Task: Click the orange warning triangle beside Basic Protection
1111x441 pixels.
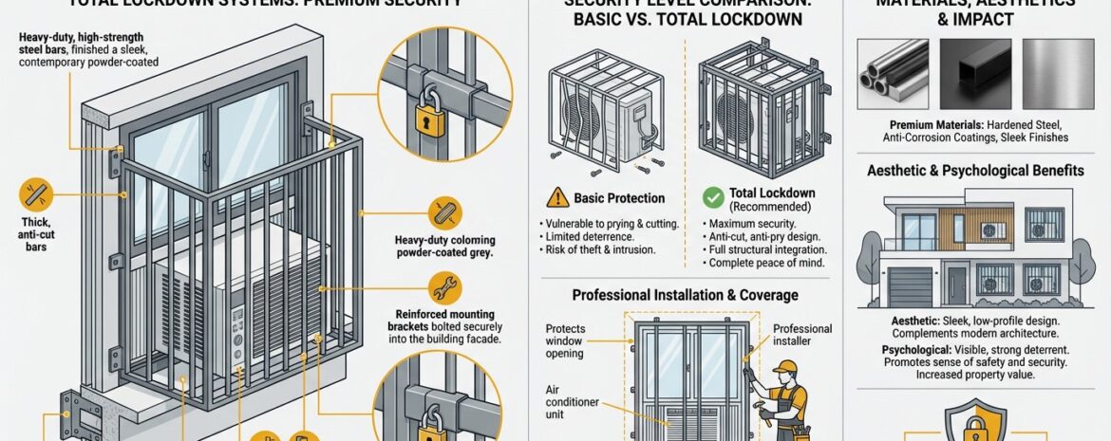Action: tap(557, 198)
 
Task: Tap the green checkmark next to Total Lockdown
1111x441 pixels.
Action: tap(713, 198)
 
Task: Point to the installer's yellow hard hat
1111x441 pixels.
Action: tap(783, 367)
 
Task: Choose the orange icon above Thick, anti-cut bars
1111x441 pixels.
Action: tap(33, 194)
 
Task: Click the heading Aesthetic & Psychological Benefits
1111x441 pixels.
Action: tap(975, 171)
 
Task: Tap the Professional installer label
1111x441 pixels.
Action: tap(802, 336)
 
